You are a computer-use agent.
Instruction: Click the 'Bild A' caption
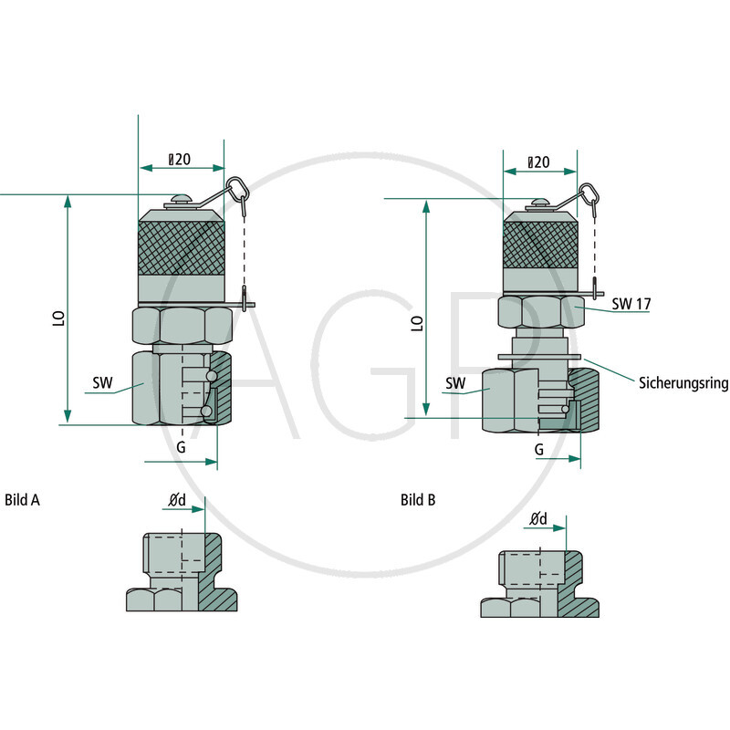tap(22, 499)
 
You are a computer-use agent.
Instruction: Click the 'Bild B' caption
tap(418, 499)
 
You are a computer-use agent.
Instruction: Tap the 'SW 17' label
tap(631, 304)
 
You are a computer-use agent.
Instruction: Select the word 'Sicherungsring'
tap(683, 382)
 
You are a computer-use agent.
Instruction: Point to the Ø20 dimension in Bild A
tap(179, 159)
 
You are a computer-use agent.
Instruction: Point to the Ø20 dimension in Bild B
tap(538, 162)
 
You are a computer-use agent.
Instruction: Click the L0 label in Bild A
tap(58, 318)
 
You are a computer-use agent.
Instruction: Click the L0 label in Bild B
tap(417, 324)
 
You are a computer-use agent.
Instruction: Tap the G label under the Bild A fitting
tap(181, 447)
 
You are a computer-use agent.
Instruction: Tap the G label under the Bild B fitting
tap(539, 449)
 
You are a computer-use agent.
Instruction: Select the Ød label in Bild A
tap(177, 500)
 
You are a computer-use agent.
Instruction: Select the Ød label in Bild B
tap(538, 518)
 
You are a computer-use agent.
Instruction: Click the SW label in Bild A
tap(102, 382)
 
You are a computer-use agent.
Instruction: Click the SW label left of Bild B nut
tap(455, 383)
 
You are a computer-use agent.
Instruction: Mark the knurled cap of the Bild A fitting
tap(182, 247)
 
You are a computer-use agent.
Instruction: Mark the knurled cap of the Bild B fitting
tap(540, 245)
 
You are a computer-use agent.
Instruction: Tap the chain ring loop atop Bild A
tap(238, 187)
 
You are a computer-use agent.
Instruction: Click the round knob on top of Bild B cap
tap(540, 203)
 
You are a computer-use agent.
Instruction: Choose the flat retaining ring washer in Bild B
tap(539, 357)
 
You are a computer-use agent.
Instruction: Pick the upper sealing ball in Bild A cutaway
tap(212, 376)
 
